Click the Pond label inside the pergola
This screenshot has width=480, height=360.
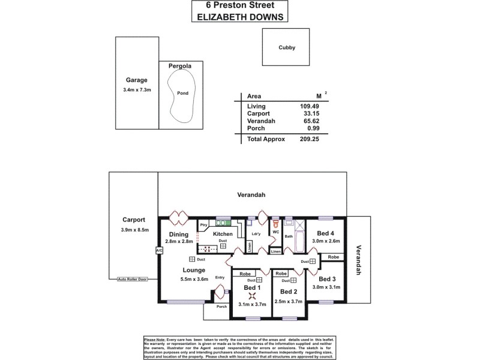[x=183, y=93]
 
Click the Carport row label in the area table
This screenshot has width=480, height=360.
[x=259, y=113]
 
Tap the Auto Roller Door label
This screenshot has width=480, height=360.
[x=133, y=280]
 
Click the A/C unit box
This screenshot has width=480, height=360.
[x=159, y=250]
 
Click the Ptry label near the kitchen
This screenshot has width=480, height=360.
[x=203, y=224]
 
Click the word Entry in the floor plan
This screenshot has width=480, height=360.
[x=220, y=277]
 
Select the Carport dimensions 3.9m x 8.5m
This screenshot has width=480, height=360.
[x=134, y=230]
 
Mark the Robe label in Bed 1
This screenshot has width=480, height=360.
[x=245, y=274]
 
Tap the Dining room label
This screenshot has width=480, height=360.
[x=179, y=235]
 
